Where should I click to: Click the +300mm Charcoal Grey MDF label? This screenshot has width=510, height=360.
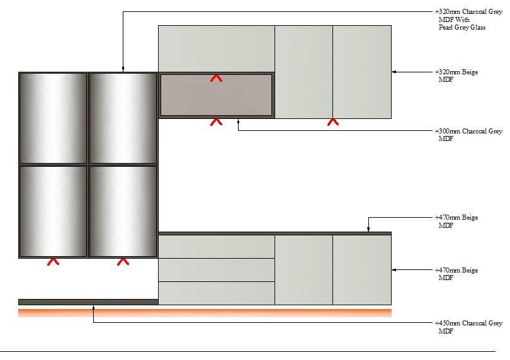[468, 135]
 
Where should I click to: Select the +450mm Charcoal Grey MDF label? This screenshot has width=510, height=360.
[468, 327]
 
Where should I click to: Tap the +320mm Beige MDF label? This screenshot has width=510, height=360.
[456, 76]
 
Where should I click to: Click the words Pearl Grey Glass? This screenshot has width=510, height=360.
[462, 27]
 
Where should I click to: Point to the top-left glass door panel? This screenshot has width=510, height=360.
[53, 118]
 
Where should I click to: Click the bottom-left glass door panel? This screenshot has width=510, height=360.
[53, 211]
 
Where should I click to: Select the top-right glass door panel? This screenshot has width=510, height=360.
[123, 118]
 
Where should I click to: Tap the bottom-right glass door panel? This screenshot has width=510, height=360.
[123, 211]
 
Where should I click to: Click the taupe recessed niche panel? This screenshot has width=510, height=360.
[217, 95]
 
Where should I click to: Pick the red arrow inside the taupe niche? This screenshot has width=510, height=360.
[217, 79]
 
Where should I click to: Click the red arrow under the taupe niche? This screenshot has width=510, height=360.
[217, 122]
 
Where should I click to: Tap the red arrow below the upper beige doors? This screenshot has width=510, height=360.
[333, 122]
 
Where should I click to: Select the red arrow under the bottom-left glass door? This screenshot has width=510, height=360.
[53, 262]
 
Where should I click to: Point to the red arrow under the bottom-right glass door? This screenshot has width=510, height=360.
[123, 262]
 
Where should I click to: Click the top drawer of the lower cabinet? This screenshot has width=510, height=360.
[217, 247]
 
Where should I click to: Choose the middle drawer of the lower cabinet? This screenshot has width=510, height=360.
[217, 270]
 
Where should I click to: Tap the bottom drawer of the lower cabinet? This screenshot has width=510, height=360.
[217, 293]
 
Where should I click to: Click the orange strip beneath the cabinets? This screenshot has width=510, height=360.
[205, 313]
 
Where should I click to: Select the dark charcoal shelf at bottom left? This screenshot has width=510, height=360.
[88, 302]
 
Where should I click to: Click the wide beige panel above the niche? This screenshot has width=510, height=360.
[217, 49]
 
